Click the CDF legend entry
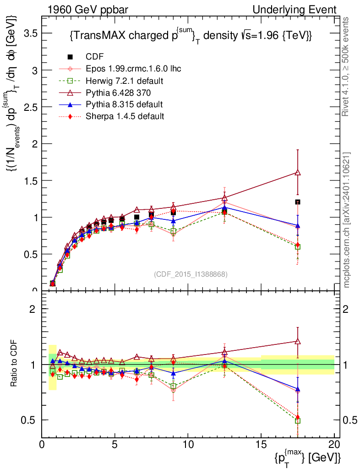click(x=95, y=57)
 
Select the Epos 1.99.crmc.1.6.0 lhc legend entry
click(x=133, y=69)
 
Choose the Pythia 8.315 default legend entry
click(x=124, y=104)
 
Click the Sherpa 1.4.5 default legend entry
click(x=125, y=116)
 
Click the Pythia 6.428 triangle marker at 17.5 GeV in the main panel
click(x=298, y=173)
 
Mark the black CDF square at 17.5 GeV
click(x=298, y=202)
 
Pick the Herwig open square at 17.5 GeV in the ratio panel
click(x=298, y=421)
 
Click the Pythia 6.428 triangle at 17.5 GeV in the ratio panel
click(x=298, y=341)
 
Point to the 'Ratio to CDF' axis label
click(x=14, y=364)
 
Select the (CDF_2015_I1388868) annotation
click(x=191, y=274)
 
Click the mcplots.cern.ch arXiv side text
click(x=347, y=220)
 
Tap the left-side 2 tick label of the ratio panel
click(x=33, y=309)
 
